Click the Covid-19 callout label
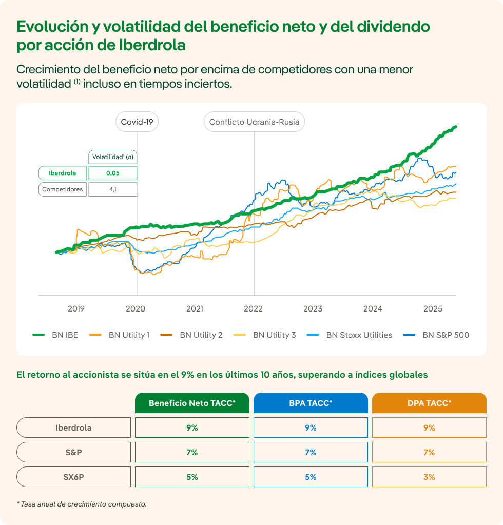(137, 122)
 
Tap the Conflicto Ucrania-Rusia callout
(255, 122)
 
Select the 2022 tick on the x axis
(253, 308)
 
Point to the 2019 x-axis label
(76, 308)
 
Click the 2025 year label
(433, 308)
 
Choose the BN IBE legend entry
(55, 335)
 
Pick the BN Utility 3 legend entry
(265, 335)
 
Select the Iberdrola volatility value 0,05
(112, 173)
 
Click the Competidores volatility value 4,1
(112, 189)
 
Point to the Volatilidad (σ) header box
(112, 157)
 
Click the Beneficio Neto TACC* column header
(192, 403)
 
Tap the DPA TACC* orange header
(429, 403)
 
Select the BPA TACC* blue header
(311, 403)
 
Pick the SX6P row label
(73, 477)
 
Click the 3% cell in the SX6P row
(429, 477)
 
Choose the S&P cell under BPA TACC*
(311, 452)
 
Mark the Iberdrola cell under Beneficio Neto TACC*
(192, 427)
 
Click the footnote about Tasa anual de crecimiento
(82, 504)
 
